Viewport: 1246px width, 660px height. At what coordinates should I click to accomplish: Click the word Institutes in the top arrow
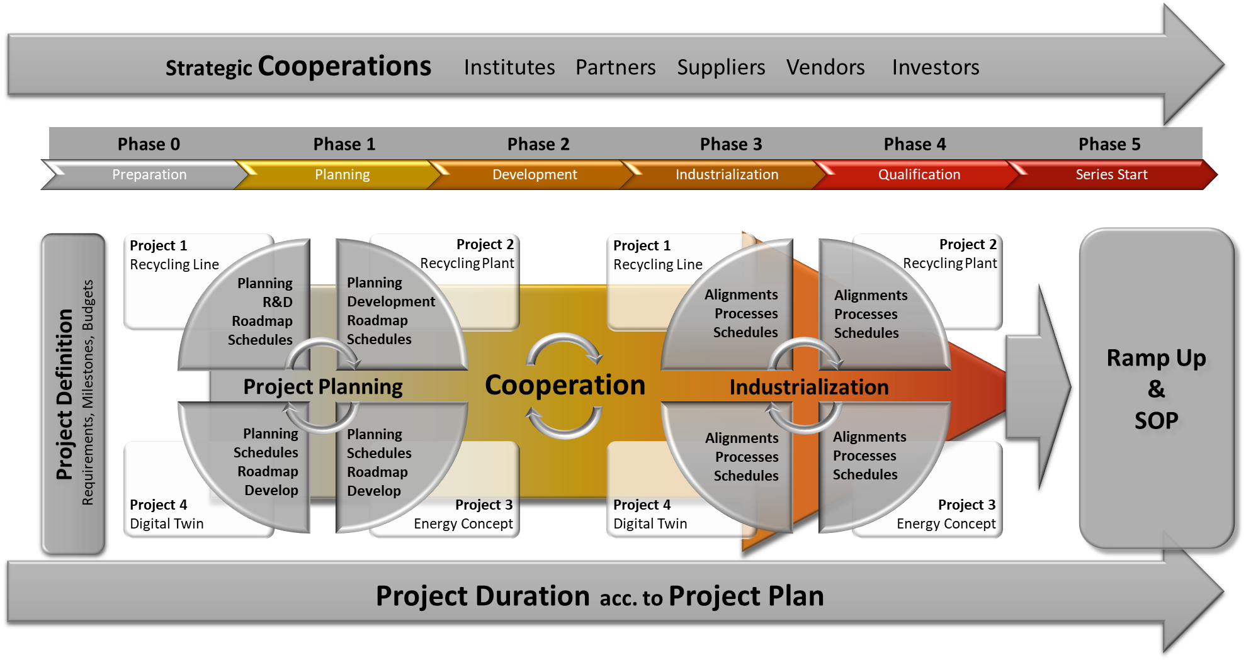point(509,67)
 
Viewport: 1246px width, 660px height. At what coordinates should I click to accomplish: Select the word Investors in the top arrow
point(935,67)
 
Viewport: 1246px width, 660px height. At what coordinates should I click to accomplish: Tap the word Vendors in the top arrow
point(825,67)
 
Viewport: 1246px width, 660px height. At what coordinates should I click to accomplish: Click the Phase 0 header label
point(149,144)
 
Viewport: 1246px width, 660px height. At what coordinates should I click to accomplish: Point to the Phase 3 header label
point(730,144)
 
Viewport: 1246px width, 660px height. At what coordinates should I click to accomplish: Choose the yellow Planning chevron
point(342,174)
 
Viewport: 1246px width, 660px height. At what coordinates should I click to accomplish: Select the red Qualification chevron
point(919,174)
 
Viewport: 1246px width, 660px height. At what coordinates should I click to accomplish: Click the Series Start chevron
point(1111,174)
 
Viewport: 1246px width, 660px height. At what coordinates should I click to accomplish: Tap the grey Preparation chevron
point(149,174)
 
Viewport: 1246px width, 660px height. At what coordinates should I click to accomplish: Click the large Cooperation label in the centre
point(565,385)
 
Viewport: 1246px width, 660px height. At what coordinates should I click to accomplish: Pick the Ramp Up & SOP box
point(1156,388)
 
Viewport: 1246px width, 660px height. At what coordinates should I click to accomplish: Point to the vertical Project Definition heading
point(65,394)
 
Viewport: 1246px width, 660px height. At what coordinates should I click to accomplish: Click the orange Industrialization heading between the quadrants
point(808,387)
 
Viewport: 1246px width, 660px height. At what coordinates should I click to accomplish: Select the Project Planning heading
point(322,386)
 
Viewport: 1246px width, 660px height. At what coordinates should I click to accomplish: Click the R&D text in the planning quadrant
point(277,302)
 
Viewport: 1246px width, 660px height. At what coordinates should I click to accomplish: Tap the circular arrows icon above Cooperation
point(564,350)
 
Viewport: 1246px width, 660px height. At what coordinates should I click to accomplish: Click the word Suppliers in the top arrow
point(721,67)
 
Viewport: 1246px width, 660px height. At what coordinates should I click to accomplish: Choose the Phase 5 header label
point(1109,144)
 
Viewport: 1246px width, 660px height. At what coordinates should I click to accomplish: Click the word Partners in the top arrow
point(615,67)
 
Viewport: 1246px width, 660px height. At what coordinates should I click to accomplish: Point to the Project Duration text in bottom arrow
point(482,596)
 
